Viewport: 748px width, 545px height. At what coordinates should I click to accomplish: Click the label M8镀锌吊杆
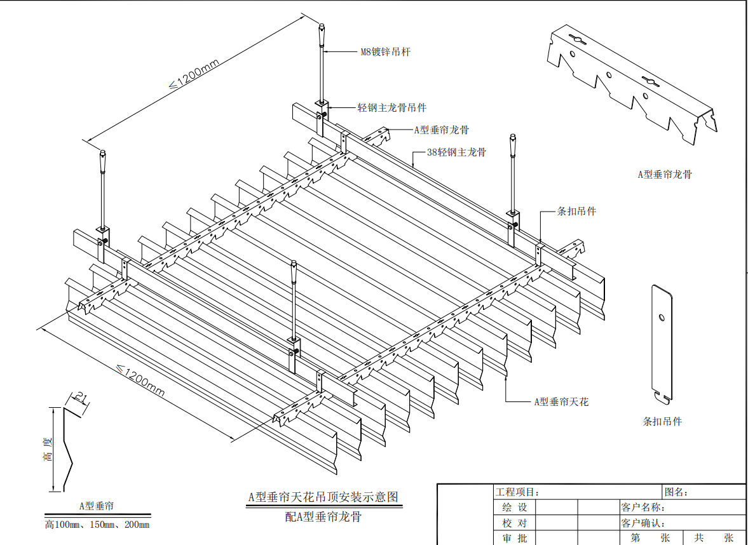[x=385, y=51]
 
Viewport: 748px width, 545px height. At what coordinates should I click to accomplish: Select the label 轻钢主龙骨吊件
[x=392, y=108]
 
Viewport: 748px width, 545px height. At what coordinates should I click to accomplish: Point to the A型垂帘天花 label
[x=561, y=401]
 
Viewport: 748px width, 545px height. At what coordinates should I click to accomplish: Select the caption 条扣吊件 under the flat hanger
[x=662, y=421]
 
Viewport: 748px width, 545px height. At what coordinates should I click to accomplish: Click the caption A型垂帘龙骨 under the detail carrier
[x=664, y=174]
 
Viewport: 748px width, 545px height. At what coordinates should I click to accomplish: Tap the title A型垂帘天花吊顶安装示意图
[x=324, y=497]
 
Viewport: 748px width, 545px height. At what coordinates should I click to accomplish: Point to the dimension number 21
[x=81, y=398]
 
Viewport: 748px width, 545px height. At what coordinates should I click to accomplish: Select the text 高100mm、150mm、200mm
[x=97, y=525]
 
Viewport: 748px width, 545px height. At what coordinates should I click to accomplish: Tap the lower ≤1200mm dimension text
[x=140, y=379]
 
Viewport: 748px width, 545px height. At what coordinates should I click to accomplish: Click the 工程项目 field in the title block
[x=517, y=492]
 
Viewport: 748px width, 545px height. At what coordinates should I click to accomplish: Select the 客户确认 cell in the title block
[x=643, y=523]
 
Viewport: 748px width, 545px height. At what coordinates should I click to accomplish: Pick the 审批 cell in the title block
[x=515, y=538]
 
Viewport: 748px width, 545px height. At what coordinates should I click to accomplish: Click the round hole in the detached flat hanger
[x=662, y=316]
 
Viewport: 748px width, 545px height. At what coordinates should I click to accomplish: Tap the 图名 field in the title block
[x=676, y=492]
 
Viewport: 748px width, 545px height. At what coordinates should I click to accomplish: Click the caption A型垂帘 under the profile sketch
[x=97, y=506]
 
